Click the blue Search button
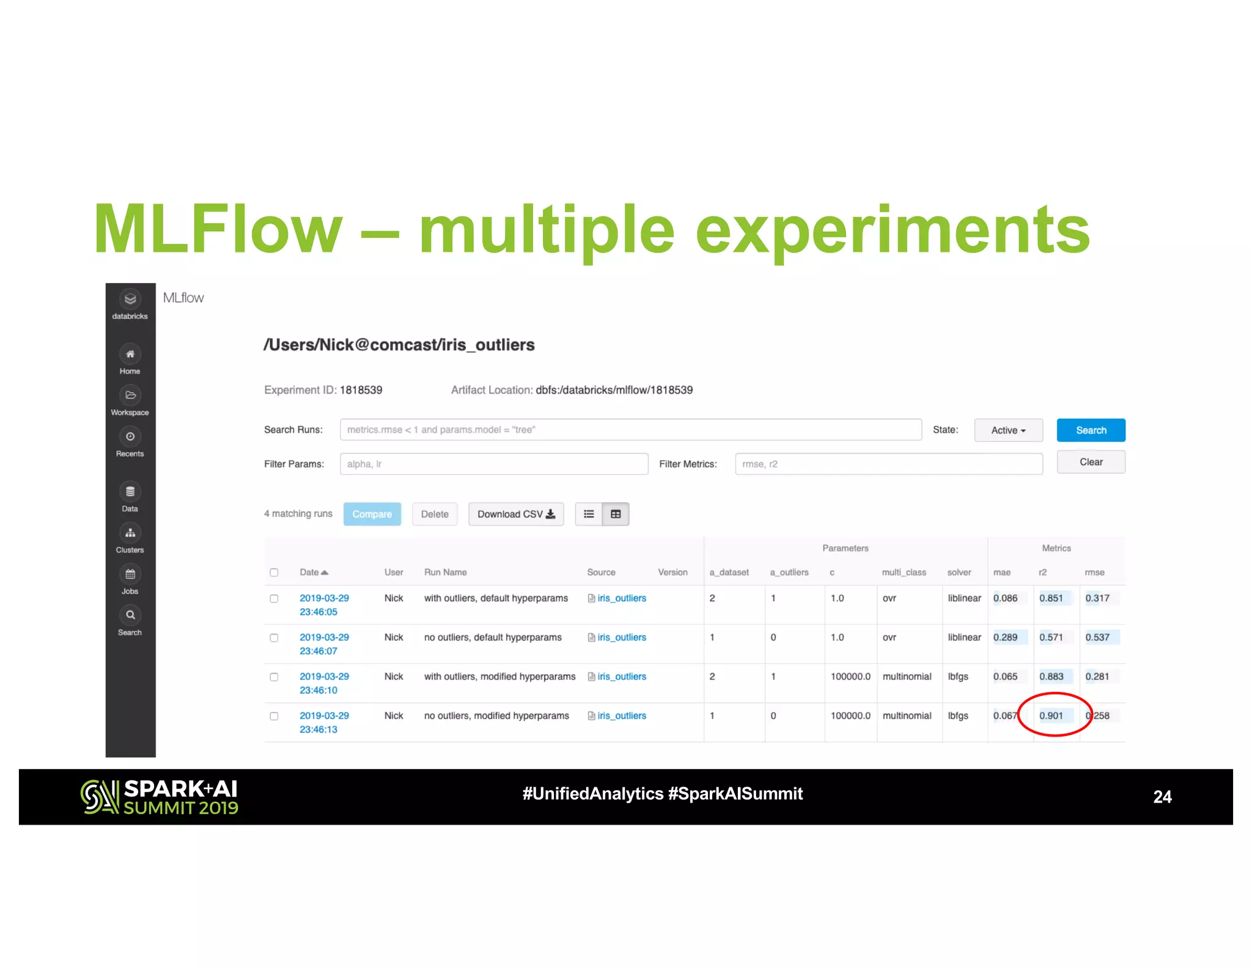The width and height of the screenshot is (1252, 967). click(x=1090, y=430)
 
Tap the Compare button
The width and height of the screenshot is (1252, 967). click(x=372, y=514)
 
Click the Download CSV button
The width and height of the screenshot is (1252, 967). click(x=515, y=514)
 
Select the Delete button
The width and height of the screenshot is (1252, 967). click(x=434, y=514)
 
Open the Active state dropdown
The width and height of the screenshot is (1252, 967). click(x=1008, y=430)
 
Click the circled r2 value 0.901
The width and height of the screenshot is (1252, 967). click(x=1051, y=715)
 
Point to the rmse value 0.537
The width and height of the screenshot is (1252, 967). click(x=1097, y=637)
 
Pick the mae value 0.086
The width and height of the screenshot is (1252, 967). click(x=1005, y=598)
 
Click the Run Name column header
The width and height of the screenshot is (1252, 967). click(x=445, y=572)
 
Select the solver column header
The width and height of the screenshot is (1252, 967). click(x=959, y=572)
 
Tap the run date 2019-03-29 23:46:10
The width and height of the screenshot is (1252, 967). click(x=324, y=683)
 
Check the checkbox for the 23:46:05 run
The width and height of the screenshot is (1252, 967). click(x=274, y=598)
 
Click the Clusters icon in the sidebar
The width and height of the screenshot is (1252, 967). click(x=130, y=534)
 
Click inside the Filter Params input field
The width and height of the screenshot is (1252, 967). click(x=493, y=464)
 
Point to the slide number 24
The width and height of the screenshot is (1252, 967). click(x=1162, y=796)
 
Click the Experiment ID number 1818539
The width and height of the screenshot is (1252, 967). click(x=361, y=390)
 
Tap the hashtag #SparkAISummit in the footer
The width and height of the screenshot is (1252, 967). click(x=735, y=793)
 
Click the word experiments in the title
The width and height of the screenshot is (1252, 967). click(x=893, y=230)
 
